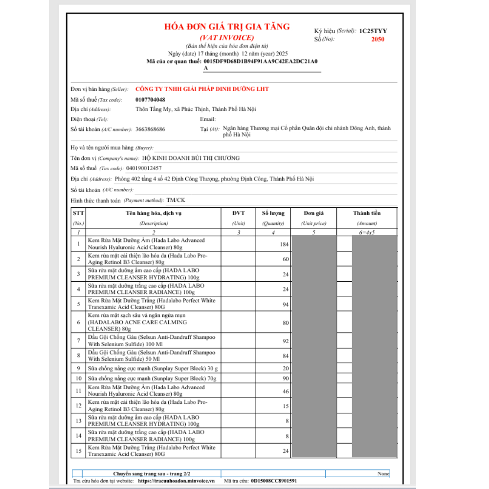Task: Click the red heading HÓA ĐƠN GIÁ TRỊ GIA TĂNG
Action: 227,27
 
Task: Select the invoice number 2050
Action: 378,40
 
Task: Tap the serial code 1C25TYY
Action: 373,31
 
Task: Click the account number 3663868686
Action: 150,129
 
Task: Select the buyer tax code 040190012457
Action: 144,168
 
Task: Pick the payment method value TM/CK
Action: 176,200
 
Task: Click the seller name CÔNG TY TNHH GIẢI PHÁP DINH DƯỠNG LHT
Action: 202,89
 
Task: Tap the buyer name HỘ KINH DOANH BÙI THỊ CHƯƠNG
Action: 190,158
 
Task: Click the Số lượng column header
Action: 273,213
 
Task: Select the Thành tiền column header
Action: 367,213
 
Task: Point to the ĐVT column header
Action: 239,213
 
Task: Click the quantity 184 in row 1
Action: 284,244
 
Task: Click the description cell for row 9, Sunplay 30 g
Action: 153,368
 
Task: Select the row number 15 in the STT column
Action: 78,451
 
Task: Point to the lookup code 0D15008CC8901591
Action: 274,481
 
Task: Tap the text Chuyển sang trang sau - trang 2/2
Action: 146,474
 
